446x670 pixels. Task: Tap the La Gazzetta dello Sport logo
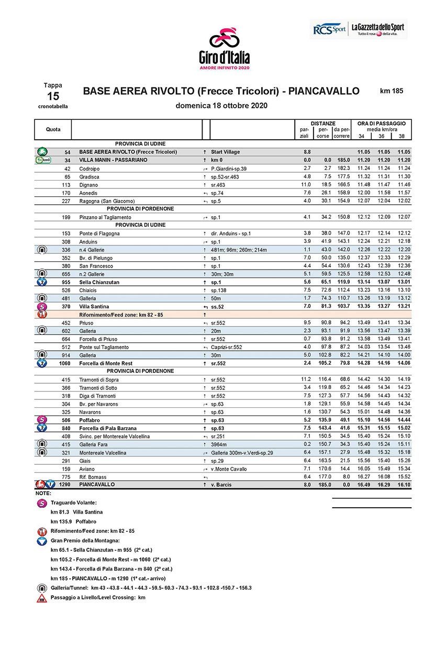tap(378, 29)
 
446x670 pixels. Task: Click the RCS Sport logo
tap(329, 29)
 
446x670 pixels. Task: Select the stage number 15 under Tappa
tap(53, 96)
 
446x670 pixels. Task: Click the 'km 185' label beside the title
tap(392, 91)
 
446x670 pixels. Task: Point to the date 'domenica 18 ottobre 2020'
tap(222, 105)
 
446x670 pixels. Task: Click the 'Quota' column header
tap(53, 129)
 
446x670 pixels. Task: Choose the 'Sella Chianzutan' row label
tap(99, 282)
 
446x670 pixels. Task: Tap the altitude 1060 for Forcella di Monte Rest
tap(63, 363)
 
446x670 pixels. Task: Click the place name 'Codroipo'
tap(90, 169)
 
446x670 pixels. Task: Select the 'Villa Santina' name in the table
tap(94, 306)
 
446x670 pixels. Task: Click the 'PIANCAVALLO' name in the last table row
tap(97, 485)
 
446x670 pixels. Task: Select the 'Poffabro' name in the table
tap(91, 420)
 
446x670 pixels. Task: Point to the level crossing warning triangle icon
tap(41, 598)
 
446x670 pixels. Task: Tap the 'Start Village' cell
tap(225, 152)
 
